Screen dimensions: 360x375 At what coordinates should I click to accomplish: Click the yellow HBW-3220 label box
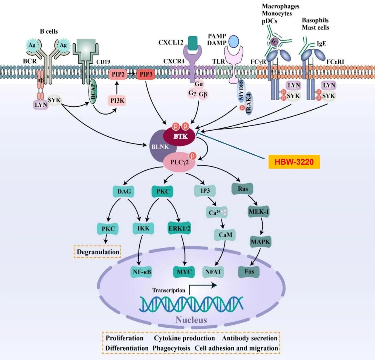click(294, 162)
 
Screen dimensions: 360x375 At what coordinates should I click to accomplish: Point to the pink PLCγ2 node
click(179, 162)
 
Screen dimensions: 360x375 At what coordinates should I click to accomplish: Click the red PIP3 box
click(146, 74)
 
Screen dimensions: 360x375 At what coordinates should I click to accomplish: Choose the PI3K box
click(117, 101)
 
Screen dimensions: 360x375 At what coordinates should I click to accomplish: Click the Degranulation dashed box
click(98, 252)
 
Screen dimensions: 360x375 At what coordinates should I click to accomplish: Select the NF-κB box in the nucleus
click(142, 272)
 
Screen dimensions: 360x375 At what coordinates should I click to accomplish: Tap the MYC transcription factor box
click(184, 272)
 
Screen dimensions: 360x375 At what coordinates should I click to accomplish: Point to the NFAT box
click(213, 272)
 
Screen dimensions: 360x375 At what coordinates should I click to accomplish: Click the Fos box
click(249, 271)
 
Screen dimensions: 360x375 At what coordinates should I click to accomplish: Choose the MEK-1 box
click(259, 212)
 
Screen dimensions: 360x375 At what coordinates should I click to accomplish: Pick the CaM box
click(225, 235)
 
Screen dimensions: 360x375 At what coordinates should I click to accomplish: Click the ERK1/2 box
click(179, 228)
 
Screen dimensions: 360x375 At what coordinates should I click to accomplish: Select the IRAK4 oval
click(249, 103)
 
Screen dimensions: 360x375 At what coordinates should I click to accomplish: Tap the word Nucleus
click(191, 320)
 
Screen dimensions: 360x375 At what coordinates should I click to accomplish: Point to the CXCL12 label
click(171, 43)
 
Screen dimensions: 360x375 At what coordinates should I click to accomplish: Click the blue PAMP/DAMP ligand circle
click(233, 41)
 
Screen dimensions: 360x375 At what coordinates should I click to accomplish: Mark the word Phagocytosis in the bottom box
click(171, 348)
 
